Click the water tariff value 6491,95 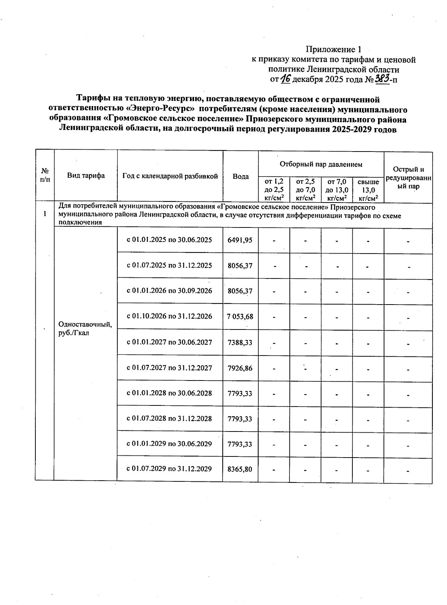(240, 240)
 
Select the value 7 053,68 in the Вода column (240, 316)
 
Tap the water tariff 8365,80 (240, 469)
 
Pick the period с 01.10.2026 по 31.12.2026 (169, 316)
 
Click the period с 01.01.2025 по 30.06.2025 (169, 240)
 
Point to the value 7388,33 (240, 342)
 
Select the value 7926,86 (240, 368)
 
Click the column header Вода (240, 176)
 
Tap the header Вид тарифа (86, 176)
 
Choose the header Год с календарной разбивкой (170, 176)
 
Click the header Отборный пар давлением (321, 164)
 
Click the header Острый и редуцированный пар (408, 178)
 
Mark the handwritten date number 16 (285, 79)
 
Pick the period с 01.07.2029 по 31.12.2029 (169, 469)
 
